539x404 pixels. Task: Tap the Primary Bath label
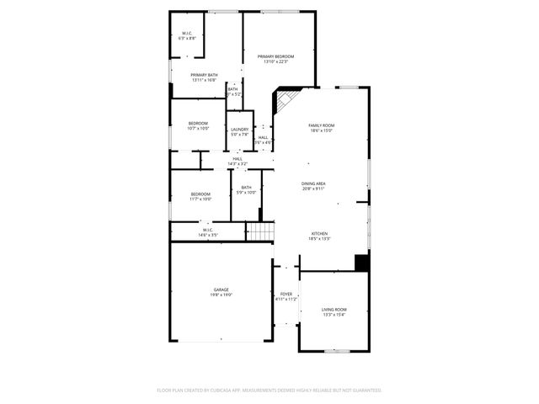point(204,77)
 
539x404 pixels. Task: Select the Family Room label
point(321,128)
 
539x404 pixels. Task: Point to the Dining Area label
point(313,185)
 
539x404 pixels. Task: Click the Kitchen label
point(319,236)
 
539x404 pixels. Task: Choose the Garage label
point(221,291)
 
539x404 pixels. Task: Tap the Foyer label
point(286,296)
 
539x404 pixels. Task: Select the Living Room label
point(334,311)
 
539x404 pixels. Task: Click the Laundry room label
point(240,131)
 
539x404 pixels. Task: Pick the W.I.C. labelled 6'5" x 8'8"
point(187,36)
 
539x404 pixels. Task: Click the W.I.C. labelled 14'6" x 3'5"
point(207,231)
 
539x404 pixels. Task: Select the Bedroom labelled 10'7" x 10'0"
point(199,125)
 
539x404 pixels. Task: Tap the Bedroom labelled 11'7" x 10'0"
point(200,196)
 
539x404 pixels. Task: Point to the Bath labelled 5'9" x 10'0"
point(246,190)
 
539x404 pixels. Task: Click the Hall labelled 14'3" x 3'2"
point(237,160)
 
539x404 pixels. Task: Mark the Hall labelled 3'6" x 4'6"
point(264,140)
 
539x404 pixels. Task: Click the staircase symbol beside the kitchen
point(261,231)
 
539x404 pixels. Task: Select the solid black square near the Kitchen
point(361,263)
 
